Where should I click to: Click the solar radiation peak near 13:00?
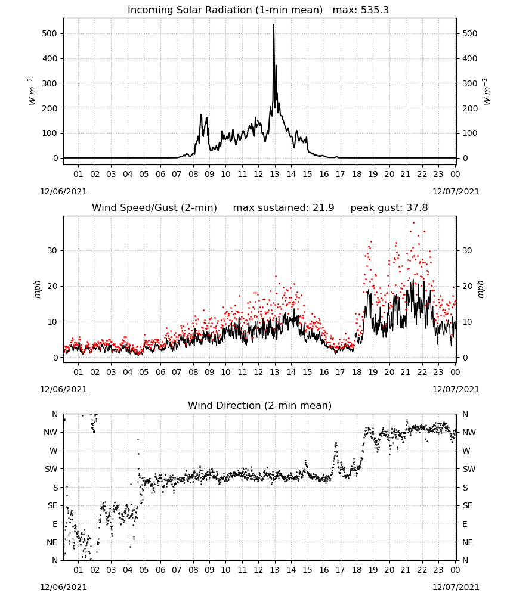pyautogui.click(x=273, y=25)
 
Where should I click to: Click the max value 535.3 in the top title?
pyautogui.click(x=375, y=10)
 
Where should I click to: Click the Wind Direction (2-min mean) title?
pyautogui.click(x=260, y=405)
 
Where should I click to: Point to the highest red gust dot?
pyautogui.click(x=414, y=223)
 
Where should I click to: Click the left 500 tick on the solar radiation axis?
pyautogui.click(x=50, y=33)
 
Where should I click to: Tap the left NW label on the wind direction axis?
pyautogui.click(x=51, y=432)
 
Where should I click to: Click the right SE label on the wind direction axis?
pyautogui.click(x=468, y=505)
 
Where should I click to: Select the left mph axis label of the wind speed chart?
pyautogui.click(x=37, y=289)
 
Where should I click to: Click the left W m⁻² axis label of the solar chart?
pyautogui.click(x=32, y=91)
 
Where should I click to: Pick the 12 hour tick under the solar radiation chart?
pyautogui.click(x=258, y=174)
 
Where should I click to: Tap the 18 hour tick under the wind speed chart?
pyautogui.click(x=357, y=372)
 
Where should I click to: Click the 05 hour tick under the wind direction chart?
pyautogui.click(x=144, y=570)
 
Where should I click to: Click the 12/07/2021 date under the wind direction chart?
pyautogui.click(x=456, y=587)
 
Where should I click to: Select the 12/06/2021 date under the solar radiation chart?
pyautogui.click(x=63, y=191)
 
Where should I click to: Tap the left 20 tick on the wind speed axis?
pyautogui.click(x=52, y=286)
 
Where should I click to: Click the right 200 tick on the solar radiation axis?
pyautogui.click(x=470, y=108)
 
